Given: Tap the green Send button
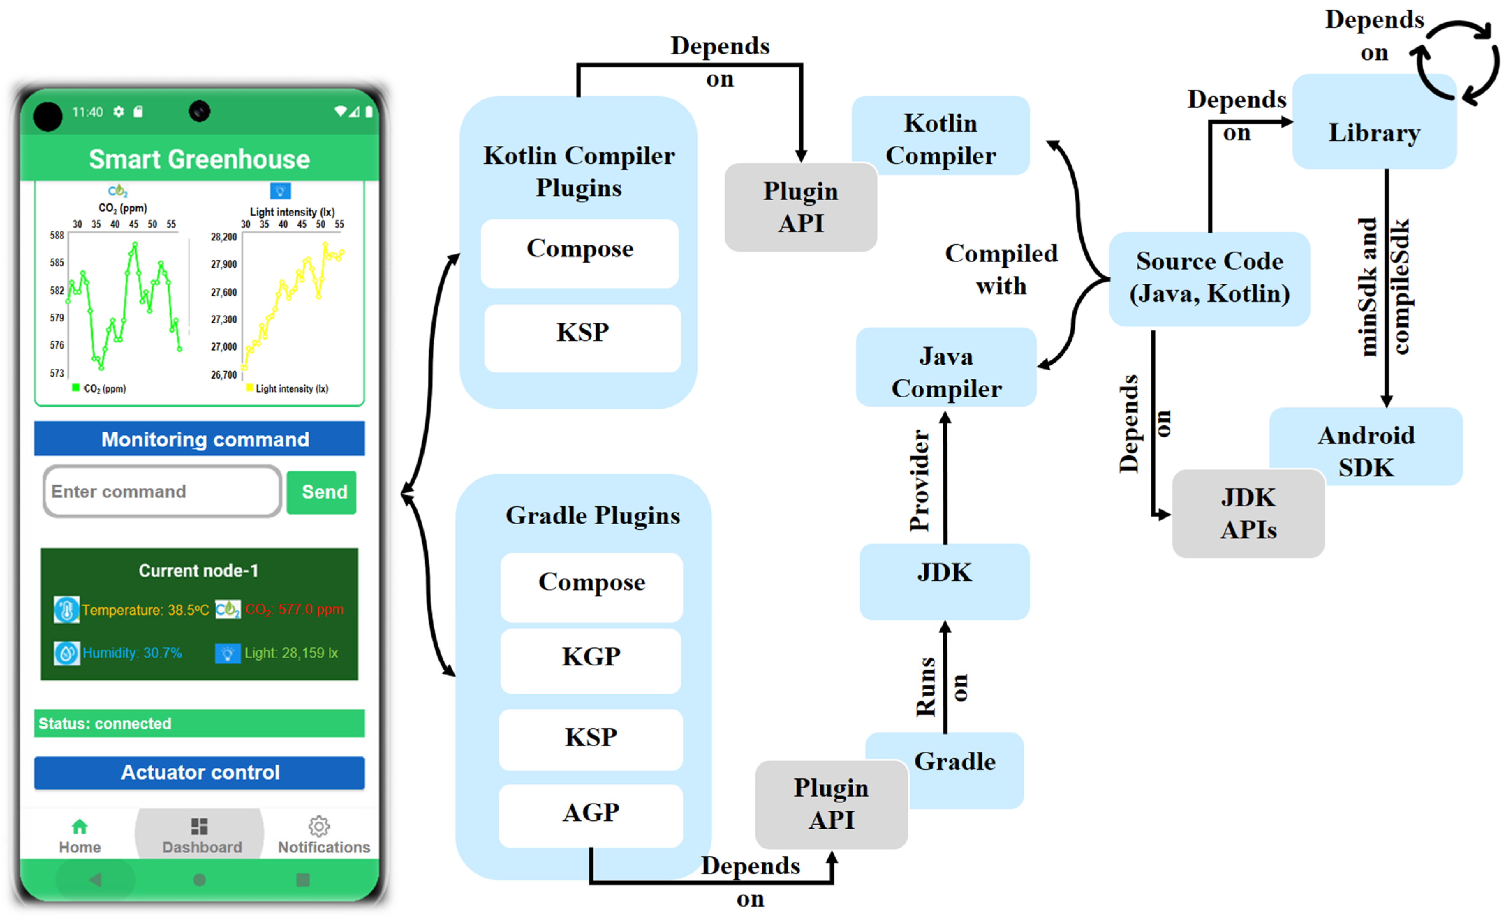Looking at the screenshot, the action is point(321,492).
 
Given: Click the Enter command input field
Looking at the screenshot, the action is point(162,491).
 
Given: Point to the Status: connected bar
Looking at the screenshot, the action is point(199,723).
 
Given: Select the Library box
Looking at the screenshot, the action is point(1374,121).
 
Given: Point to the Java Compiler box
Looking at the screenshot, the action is point(946,367).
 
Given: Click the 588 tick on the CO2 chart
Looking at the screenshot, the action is point(57,236).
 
